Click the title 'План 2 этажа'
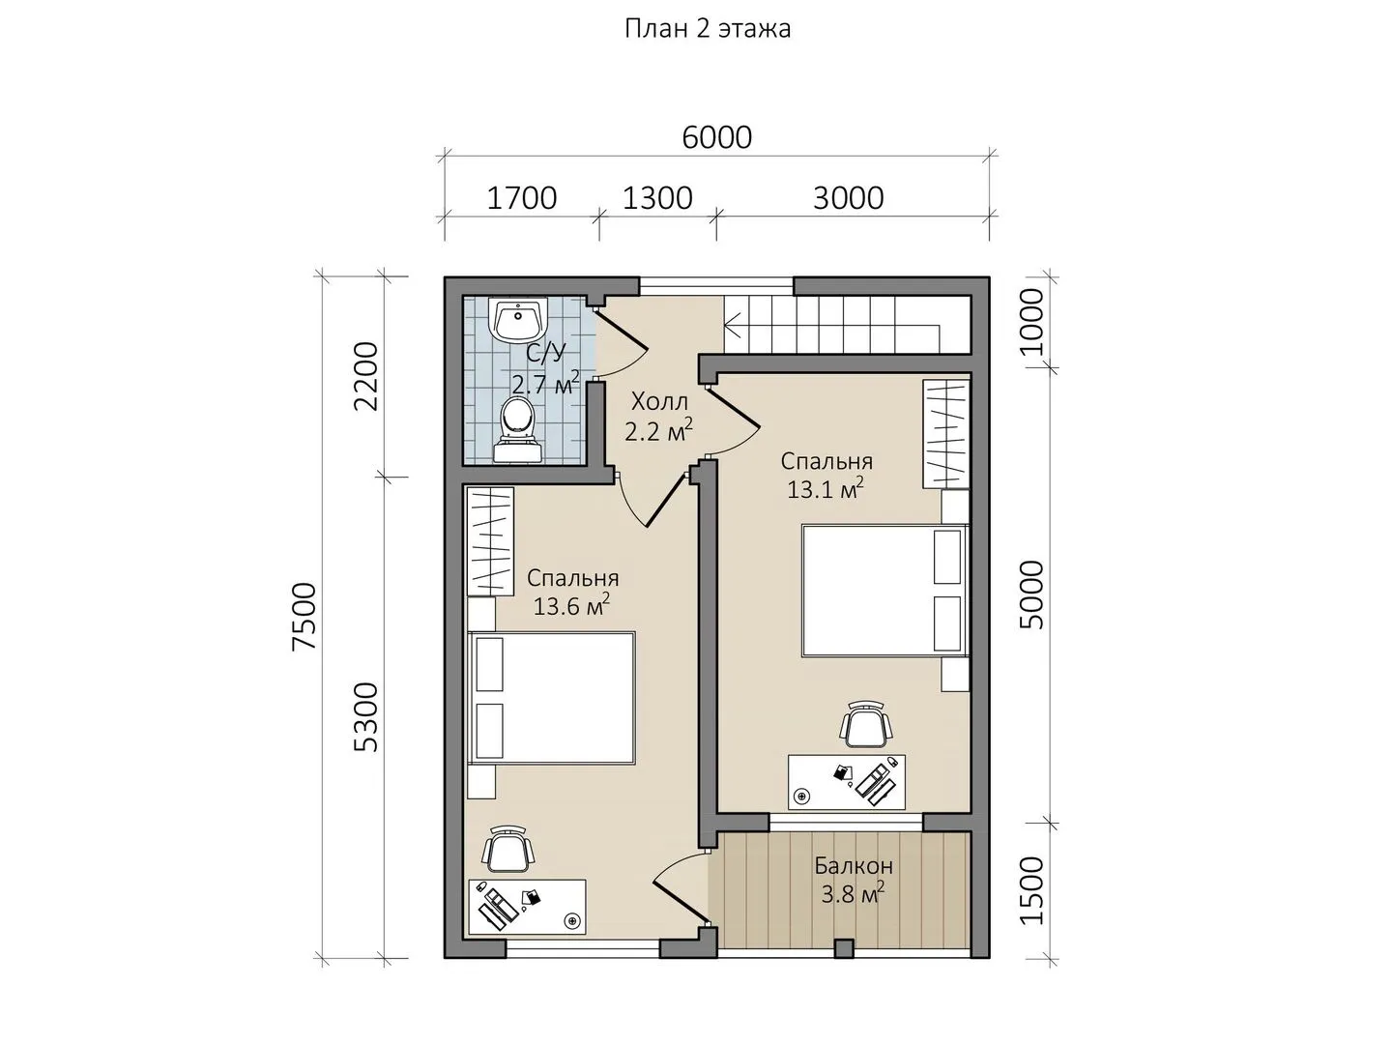[x=708, y=29]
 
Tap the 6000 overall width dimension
[x=716, y=137]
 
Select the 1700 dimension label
[x=521, y=198]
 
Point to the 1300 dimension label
[x=657, y=198]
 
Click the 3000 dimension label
[x=848, y=198]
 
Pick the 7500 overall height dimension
[x=304, y=617]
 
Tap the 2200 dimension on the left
[x=366, y=377]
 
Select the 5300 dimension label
[x=366, y=717]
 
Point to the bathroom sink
[x=520, y=320]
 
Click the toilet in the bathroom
[x=518, y=430]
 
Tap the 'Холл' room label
[x=659, y=402]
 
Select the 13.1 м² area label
[x=826, y=489]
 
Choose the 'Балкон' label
[x=854, y=866]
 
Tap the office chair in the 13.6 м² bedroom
[x=507, y=849]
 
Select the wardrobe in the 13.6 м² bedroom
[x=490, y=540]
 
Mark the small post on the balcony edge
[x=844, y=948]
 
